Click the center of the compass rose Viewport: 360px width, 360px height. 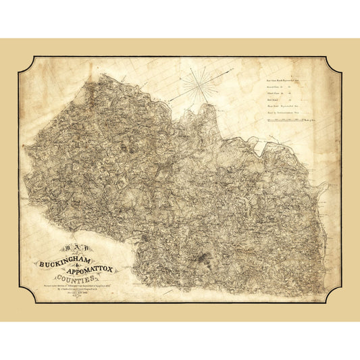click(197, 84)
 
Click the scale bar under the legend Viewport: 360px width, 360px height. click(284, 120)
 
